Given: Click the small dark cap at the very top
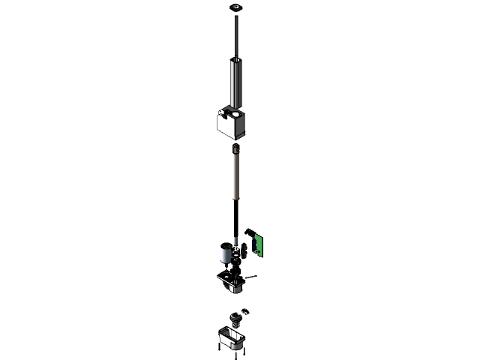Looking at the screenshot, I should click(237, 7).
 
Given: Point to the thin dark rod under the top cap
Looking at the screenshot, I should click(237, 34).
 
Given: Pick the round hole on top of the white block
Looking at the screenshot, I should click(236, 115).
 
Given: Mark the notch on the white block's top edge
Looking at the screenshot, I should click(223, 115).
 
